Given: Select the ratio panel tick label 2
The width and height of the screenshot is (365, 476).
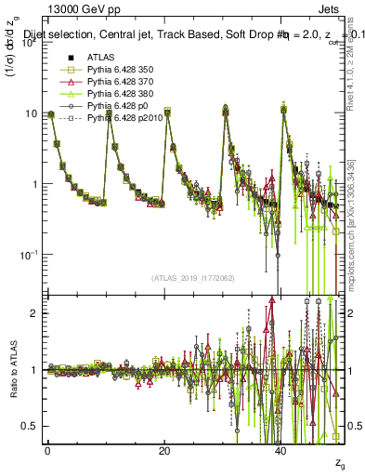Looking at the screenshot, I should click(32, 313).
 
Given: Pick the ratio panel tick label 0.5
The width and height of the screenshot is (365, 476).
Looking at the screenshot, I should click(28, 426).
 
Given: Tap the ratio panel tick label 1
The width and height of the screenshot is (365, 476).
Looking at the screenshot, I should click(32, 370).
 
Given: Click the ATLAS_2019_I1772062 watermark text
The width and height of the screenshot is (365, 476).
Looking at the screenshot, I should click(192, 278).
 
